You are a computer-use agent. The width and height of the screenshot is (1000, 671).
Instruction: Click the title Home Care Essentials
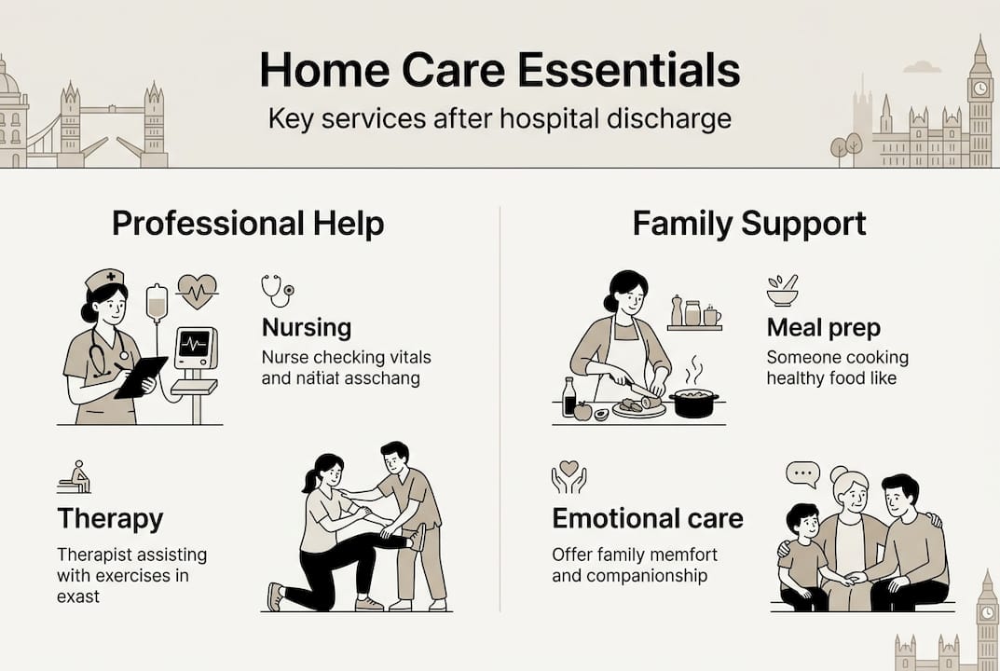[500, 71]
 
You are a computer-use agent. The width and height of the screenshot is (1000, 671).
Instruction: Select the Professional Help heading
[248, 224]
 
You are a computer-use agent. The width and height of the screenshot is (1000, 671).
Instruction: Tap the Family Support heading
[749, 224]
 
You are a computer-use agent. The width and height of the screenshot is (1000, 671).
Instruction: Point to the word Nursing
[307, 327]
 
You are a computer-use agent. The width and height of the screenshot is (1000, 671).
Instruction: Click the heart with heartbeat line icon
[197, 291]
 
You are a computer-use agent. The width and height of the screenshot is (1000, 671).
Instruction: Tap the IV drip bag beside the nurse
[158, 303]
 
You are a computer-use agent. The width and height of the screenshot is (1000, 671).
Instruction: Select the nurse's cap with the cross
[104, 279]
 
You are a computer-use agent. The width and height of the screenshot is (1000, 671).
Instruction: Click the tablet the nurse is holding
[141, 377]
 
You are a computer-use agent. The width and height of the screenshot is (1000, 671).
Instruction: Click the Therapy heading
[110, 518]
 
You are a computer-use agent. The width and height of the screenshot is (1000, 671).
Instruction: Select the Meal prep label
[823, 327]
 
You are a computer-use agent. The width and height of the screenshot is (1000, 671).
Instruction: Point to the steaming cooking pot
[694, 401]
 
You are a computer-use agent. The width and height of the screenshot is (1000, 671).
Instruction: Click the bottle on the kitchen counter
[569, 397]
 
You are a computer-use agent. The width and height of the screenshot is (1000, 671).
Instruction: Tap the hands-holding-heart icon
[568, 476]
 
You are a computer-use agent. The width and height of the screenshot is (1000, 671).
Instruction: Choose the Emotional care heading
[648, 518]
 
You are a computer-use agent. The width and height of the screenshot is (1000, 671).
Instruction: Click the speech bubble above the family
[801, 474]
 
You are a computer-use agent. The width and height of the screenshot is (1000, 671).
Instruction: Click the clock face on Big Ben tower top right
[979, 89]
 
